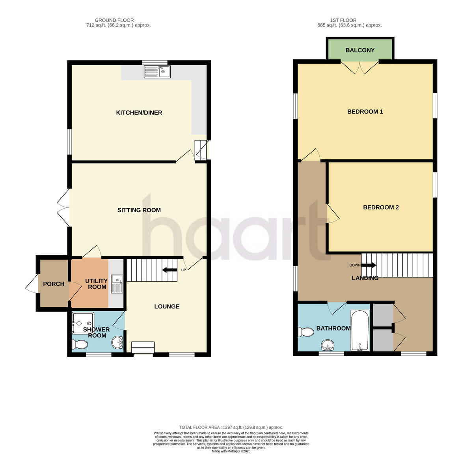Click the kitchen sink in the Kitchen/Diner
point(157,72)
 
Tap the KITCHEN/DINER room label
point(139,113)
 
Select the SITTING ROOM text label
point(139,210)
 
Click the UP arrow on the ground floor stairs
point(170,270)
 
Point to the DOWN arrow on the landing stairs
point(369,265)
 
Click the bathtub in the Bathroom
point(359,331)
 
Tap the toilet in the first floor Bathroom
point(306,332)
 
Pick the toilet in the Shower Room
point(80,345)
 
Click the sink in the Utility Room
point(117,284)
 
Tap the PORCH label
point(54,284)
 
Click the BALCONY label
point(360,50)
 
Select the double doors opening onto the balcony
point(359,68)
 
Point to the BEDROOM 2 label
point(381,207)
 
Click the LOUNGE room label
point(167,306)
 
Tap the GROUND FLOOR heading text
point(114,20)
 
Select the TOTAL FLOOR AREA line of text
point(231,427)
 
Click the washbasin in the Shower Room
point(117,342)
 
